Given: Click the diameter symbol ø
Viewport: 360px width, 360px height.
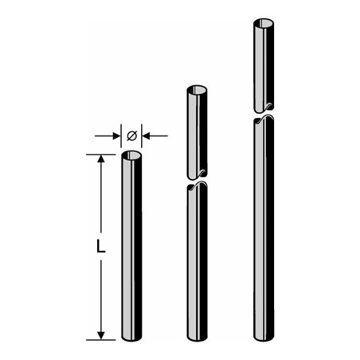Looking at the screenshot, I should pyautogui.click(x=131, y=136).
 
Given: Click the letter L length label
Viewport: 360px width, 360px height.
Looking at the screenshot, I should pyautogui.click(x=100, y=248).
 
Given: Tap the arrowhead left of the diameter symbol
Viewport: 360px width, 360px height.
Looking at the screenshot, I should pyautogui.click(x=115, y=136).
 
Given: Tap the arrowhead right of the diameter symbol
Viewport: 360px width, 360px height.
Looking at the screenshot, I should pyautogui.click(x=148, y=136).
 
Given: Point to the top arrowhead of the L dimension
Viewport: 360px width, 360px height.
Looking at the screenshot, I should pyautogui.click(x=100, y=160).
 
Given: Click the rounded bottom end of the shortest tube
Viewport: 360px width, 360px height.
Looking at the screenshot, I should pyautogui.click(x=131, y=338).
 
